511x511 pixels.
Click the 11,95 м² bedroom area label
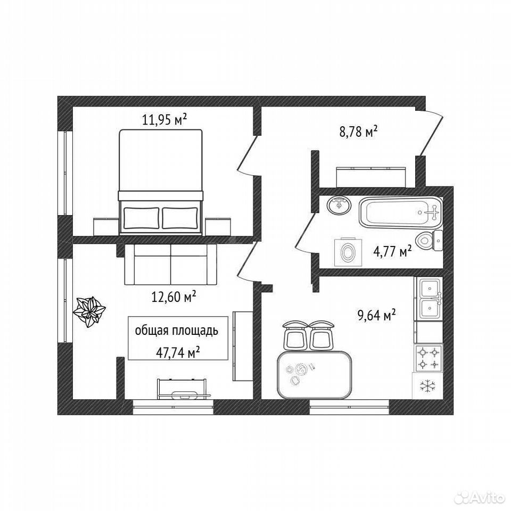(x=164, y=120)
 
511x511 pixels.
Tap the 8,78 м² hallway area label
(x=358, y=132)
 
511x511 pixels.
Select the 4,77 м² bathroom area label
(x=392, y=251)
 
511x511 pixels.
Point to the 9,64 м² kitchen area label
(x=377, y=315)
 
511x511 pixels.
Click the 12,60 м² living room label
(x=174, y=296)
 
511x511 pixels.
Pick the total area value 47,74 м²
(x=178, y=352)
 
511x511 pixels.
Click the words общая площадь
(x=176, y=331)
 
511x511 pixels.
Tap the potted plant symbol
(x=89, y=311)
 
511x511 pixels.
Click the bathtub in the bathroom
(x=400, y=212)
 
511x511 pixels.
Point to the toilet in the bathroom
(x=430, y=241)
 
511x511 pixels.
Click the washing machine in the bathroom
(x=348, y=252)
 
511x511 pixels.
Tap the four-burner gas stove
(x=428, y=358)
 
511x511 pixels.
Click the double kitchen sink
(x=428, y=299)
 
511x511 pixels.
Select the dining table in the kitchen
(x=314, y=375)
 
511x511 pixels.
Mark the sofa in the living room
(x=170, y=265)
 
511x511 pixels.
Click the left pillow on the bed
(x=142, y=218)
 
